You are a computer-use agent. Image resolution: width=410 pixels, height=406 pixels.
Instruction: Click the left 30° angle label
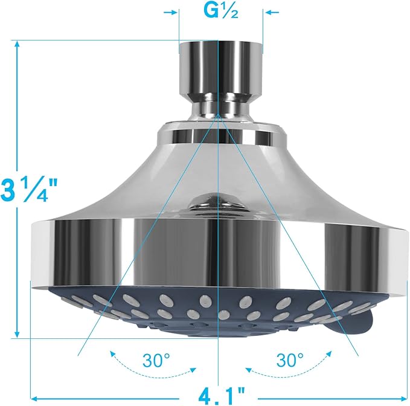tap(156, 361)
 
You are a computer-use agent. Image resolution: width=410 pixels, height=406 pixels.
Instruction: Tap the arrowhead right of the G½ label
tap(268, 12)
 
